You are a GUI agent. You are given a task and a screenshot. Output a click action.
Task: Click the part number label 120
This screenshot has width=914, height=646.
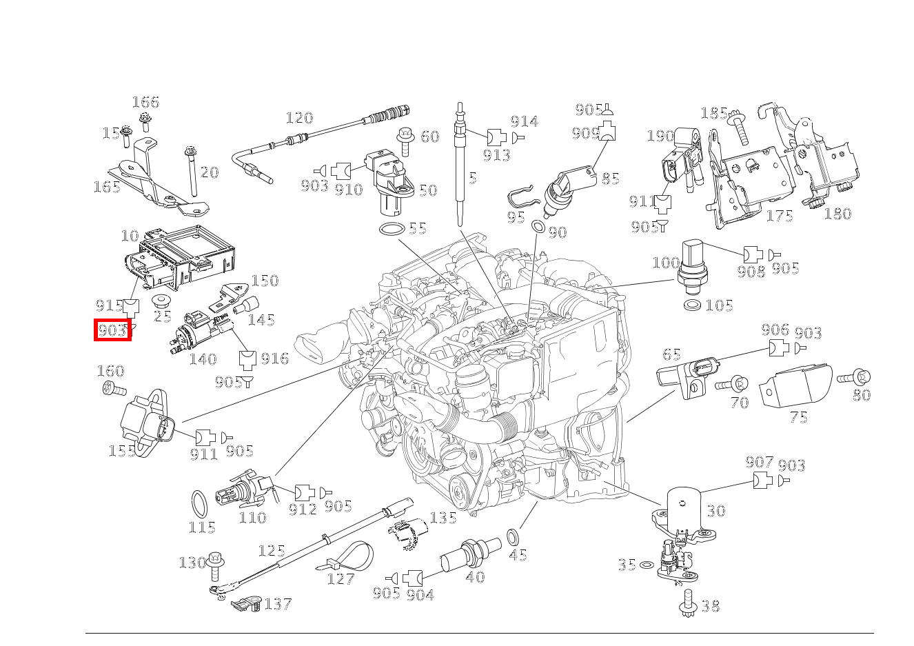coord(299,118)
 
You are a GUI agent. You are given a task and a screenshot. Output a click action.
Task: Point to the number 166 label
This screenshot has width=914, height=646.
coord(145,103)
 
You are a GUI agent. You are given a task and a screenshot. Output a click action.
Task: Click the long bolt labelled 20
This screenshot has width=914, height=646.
coord(191,172)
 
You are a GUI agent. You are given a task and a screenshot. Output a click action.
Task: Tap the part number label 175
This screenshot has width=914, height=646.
coord(780,216)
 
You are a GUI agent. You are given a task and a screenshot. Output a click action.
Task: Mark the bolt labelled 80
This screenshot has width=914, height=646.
coord(854,377)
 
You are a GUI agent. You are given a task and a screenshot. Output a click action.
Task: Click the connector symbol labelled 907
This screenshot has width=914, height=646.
coord(762,480)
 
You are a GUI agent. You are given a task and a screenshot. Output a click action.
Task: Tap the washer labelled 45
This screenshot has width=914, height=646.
coord(514,536)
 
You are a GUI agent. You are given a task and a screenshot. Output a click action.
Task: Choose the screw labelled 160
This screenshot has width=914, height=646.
coord(112,390)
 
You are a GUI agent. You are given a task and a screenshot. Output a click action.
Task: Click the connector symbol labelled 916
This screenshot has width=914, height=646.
coord(247,359)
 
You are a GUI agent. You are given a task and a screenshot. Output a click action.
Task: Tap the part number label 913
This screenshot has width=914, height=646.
coord(496,155)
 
